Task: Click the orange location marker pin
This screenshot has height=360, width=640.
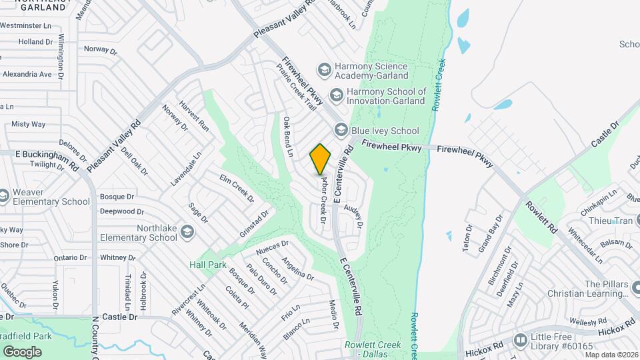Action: pyautogui.click(x=321, y=158)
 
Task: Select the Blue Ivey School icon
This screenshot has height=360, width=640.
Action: pyautogui.click(x=341, y=130)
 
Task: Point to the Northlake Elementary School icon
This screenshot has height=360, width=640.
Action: pyautogui.click(x=187, y=232)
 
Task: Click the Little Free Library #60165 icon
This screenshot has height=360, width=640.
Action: pyautogui.click(x=519, y=340)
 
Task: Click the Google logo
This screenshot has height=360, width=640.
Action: pyautogui.click(x=22, y=351)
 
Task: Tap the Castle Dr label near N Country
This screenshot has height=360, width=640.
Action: pyautogui.click(x=119, y=317)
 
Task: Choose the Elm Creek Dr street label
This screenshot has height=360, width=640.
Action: pyautogui.click(x=237, y=188)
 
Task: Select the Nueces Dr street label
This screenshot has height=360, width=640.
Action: pyautogui.click(x=272, y=247)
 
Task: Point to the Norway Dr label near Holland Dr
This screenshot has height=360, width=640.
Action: pyautogui.click(x=100, y=49)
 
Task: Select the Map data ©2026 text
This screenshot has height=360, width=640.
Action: pyautogui.click(x=611, y=354)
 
